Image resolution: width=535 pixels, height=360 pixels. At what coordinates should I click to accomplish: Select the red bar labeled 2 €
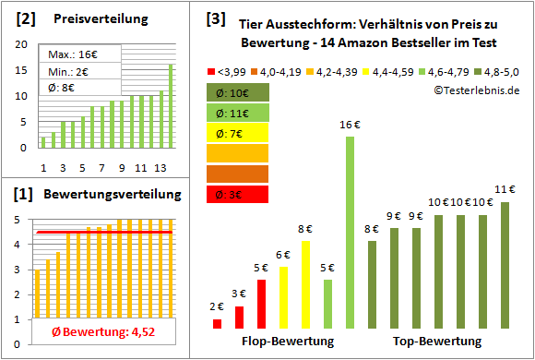(x=217, y=323)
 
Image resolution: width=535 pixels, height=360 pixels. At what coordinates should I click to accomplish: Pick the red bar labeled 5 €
(x=261, y=304)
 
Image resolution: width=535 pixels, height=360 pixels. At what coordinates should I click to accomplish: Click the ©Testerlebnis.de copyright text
(x=474, y=90)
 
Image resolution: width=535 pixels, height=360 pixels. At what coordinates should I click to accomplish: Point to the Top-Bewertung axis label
(x=437, y=341)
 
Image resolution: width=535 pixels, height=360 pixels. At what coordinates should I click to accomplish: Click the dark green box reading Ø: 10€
(x=238, y=92)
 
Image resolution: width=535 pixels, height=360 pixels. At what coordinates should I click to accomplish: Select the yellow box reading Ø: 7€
(x=238, y=133)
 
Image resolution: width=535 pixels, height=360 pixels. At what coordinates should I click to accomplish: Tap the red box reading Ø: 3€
(x=238, y=194)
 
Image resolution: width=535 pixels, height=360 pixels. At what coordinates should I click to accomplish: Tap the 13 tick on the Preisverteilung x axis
(x=160, y=167)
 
